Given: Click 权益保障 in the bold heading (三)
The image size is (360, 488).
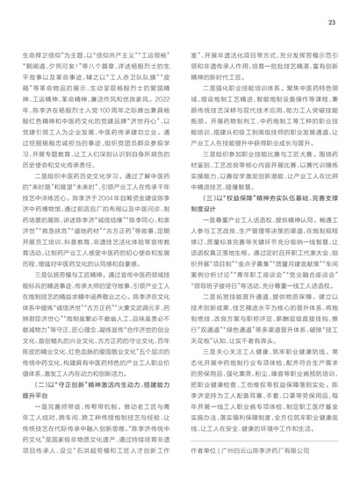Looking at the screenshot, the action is point(231,207).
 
